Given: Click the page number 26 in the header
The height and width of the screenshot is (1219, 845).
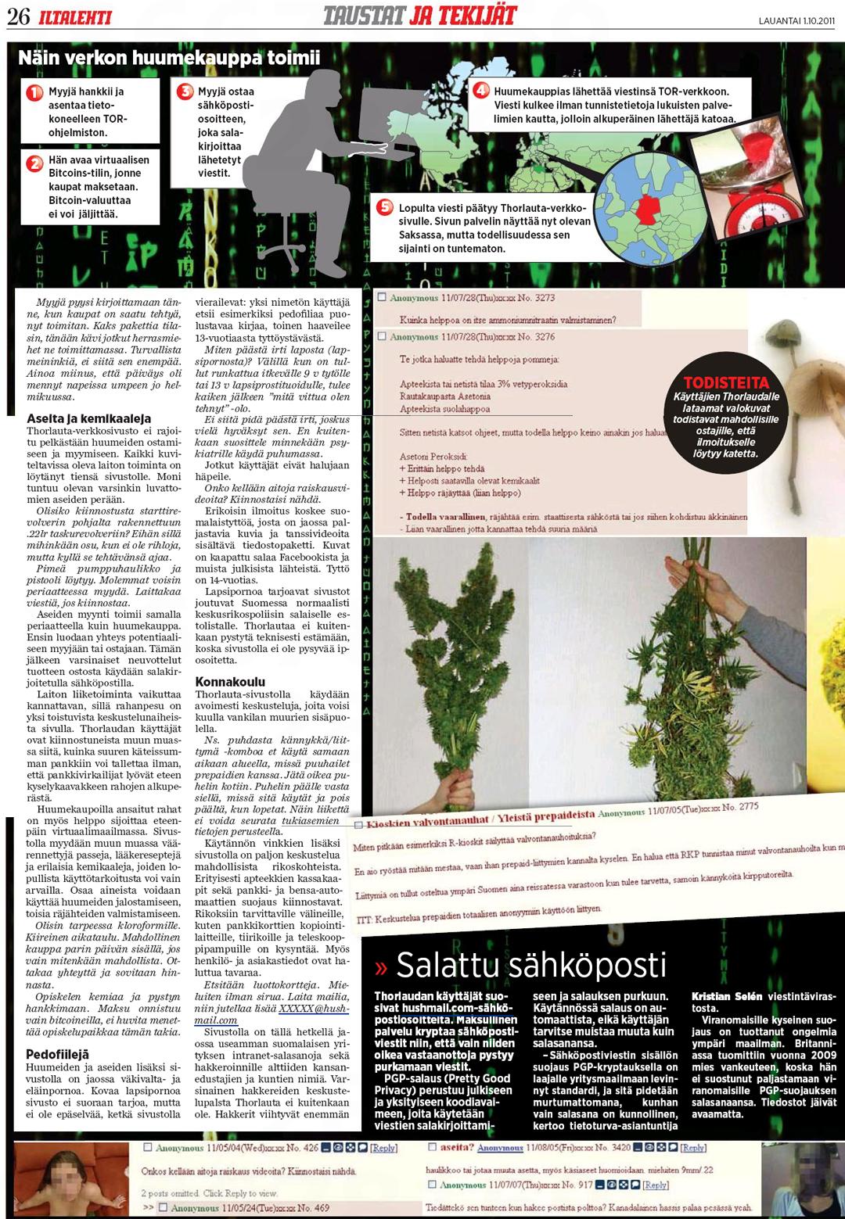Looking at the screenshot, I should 18,16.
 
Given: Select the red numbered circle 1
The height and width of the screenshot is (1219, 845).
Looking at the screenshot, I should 34,93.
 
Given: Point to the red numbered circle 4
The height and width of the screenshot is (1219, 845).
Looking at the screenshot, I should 481,91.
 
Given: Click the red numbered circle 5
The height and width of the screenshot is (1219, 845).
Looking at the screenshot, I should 384,207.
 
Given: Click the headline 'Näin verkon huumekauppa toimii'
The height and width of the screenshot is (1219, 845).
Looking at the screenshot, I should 169,57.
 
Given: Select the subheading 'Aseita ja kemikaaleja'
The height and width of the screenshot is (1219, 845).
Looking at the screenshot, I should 89,419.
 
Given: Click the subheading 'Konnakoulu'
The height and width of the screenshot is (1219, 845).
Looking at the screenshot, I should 230,682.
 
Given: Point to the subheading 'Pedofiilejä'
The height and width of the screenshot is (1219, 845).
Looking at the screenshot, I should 58,1054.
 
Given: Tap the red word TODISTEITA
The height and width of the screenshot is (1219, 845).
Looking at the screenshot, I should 726,383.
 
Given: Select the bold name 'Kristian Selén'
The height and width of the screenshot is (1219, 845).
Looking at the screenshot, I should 728,997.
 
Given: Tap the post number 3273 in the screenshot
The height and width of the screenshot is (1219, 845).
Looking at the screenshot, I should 545,298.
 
